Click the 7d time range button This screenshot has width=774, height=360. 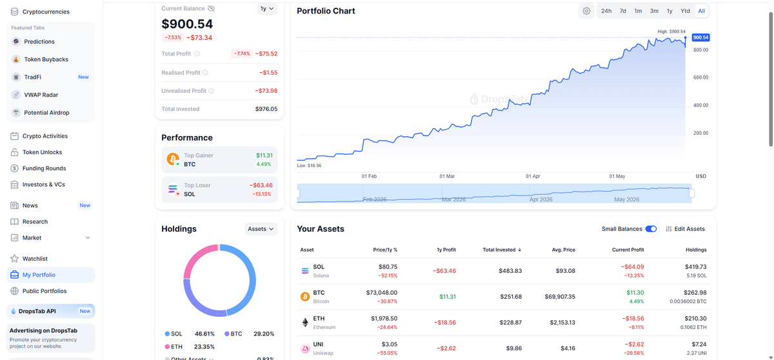(622, 11)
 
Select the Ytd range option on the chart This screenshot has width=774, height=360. (685, 11)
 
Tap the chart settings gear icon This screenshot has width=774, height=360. (586, 11)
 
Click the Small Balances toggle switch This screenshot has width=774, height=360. (651, 229)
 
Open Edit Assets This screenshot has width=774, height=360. (685, 229)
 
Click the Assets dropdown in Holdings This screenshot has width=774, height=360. (261, 229)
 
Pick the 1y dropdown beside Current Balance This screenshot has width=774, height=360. (267, 8)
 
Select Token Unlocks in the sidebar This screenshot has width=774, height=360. (42, 152)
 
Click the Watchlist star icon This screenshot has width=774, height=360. (14, 259)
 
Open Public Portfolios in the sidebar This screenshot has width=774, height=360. (45, 291)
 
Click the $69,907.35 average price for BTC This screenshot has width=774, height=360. (560, 297)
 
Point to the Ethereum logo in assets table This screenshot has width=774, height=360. (305, 323)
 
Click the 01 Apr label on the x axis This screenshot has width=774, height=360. (533, 176)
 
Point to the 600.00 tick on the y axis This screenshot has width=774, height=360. (700, 77)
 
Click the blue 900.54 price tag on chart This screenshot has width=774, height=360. (700, 37)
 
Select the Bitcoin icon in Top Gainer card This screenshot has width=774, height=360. (173, 159)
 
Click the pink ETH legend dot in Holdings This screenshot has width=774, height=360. (167, 346)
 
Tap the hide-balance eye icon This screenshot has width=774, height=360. (211, 8)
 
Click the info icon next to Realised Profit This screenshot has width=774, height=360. (205, 72)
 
